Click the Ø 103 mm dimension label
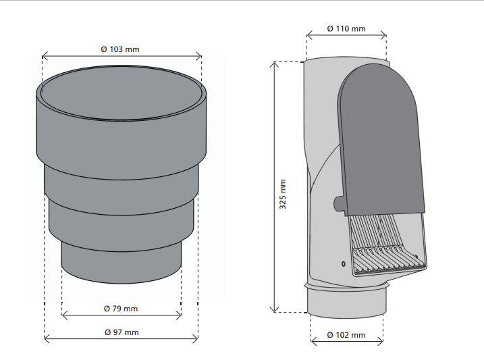120,49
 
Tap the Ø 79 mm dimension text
121,309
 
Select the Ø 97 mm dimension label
122,332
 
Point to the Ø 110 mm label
346,29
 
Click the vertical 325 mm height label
283,195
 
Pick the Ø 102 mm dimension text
346,335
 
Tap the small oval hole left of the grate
344,264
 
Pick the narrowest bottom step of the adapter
121,262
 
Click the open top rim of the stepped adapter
122,92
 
